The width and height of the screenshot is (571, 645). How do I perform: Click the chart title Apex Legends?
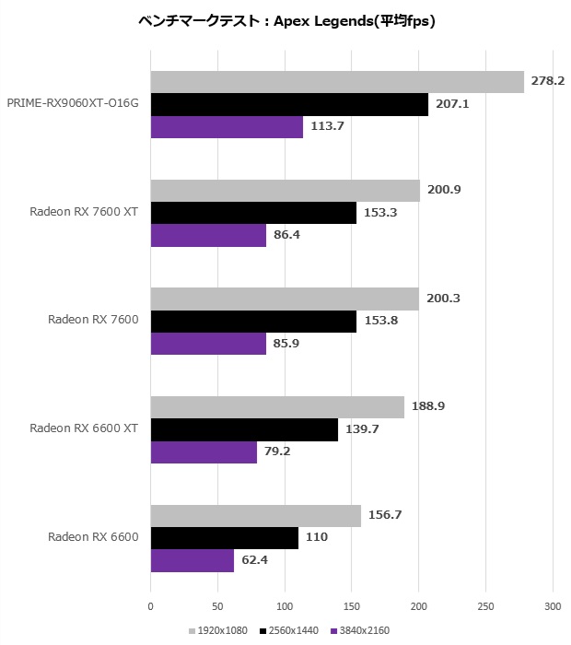click(x=285, y=21)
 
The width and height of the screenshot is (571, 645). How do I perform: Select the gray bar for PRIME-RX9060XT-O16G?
click(x=337, y=82)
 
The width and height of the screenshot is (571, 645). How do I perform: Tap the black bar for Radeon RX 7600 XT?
click(x=253, y=212)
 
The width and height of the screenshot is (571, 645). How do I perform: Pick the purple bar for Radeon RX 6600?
click(x=192, y=559)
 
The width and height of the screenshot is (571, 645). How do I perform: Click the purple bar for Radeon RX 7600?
click(x=207, y=343)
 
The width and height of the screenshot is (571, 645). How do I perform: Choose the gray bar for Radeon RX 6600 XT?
click(x=277, y=406)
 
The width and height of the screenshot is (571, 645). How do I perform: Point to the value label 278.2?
click(x=548, y=81)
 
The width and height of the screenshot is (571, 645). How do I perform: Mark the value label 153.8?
click(x=380, y=321)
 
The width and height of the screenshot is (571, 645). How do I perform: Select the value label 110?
click(x=316, y=538)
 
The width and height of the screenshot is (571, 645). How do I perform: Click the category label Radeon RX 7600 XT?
click(x=84, y=212)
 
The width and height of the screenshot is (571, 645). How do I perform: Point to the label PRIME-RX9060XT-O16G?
click(x=73, y=103)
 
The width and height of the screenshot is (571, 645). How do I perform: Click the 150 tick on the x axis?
click(x=352, y=606)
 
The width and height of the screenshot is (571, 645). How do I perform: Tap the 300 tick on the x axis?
click(x=553, y=606)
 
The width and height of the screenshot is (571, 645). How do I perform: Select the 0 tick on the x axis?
click(x=150, y=606)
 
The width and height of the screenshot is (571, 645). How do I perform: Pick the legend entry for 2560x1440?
click(x=289, y=631)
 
